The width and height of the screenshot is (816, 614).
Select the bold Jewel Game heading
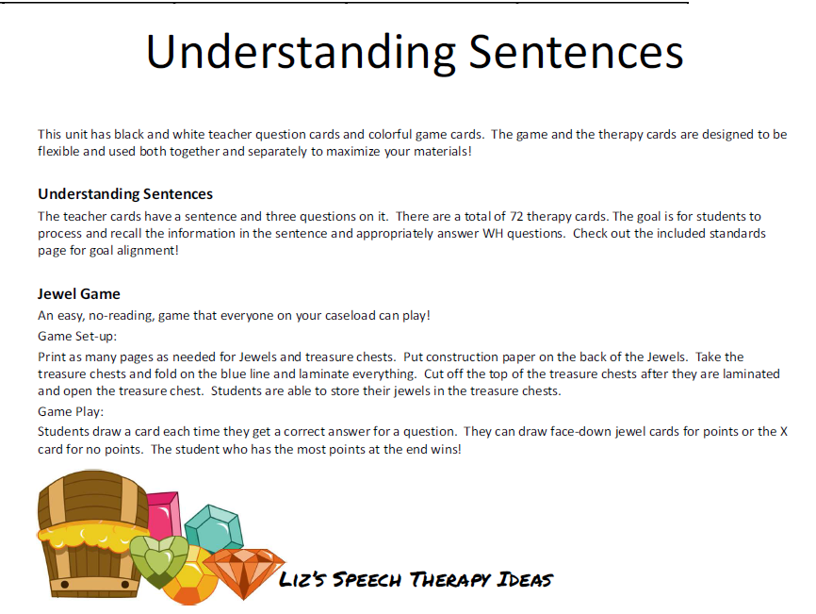79,294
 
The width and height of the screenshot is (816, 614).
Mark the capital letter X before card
783,432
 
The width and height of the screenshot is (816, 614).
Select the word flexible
60,151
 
